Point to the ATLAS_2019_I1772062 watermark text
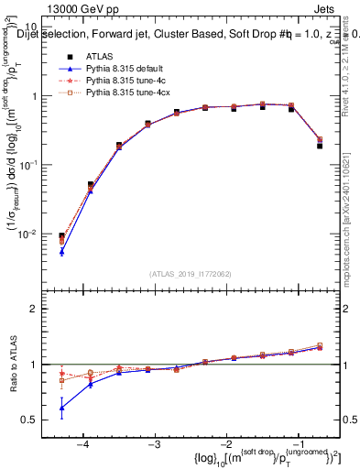pos(191,274)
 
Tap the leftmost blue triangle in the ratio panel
pos(61,408)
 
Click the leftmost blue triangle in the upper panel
pos(61,251)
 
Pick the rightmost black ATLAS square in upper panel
pos(320,146)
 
